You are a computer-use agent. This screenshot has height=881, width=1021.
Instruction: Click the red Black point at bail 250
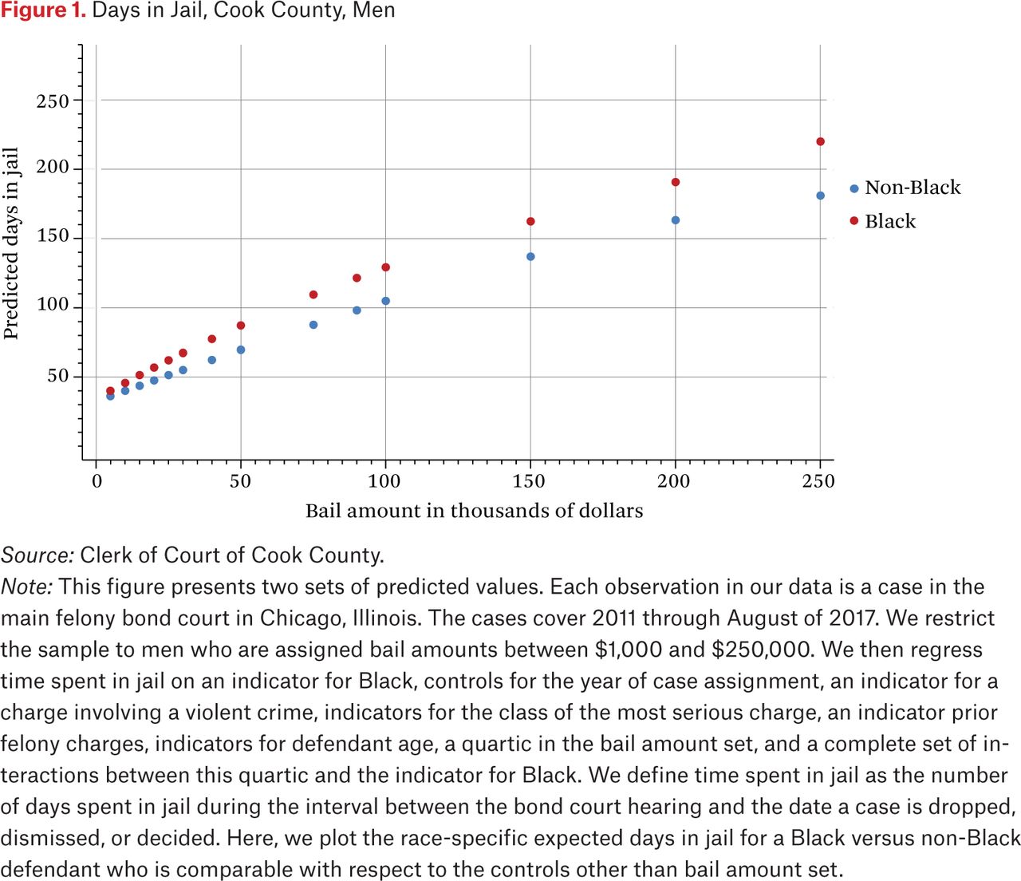(x=820, y=142)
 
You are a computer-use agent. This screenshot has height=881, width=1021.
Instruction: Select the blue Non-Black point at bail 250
(x=820, y=196)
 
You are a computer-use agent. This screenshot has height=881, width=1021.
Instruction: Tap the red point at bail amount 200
(x=676, y=183)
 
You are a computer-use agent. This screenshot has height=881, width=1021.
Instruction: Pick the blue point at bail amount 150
(x=530, y=257)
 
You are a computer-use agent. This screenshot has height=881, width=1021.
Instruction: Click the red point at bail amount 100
(x=386, y=267)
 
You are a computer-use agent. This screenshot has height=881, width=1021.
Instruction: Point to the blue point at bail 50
(x=241, y=350)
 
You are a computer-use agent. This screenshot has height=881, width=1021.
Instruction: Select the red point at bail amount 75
(x=313, y=295)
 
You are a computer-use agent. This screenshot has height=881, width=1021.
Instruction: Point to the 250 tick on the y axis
(x=53, y=101)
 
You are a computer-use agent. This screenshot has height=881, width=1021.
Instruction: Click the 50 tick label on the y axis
(x=58, y=376)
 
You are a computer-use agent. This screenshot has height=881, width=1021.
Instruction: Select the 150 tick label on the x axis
(x=529, y=481)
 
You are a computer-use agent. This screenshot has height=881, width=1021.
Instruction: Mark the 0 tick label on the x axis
(x=97, y=481)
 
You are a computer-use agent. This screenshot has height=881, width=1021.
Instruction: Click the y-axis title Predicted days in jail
(x=11, y=244)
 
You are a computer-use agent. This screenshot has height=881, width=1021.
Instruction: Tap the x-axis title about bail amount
(x=474, y=511)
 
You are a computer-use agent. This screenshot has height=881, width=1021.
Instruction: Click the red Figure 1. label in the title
(x=43, y=11)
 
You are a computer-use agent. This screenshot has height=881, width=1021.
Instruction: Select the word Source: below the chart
(x=37, y=555)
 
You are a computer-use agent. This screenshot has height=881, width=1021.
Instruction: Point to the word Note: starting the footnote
(x=27, y=587)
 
